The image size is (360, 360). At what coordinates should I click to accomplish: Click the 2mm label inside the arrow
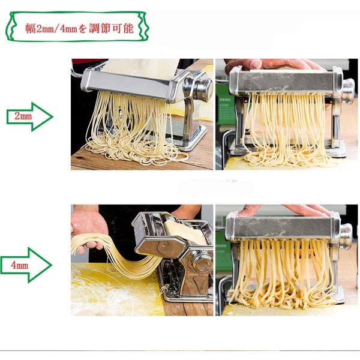23,116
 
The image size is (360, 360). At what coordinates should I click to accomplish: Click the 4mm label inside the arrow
20,265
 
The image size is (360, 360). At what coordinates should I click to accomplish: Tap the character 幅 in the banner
31,29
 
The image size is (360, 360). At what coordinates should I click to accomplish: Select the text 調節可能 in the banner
111,29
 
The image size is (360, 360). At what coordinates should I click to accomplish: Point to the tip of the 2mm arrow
53,116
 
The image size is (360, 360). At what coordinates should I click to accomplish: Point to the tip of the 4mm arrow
52,265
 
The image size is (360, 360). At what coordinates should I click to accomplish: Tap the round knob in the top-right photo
348,91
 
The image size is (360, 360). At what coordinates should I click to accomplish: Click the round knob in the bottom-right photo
346,236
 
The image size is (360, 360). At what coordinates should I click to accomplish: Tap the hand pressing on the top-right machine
271,64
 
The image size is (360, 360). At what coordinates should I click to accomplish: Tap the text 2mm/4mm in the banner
57,29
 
